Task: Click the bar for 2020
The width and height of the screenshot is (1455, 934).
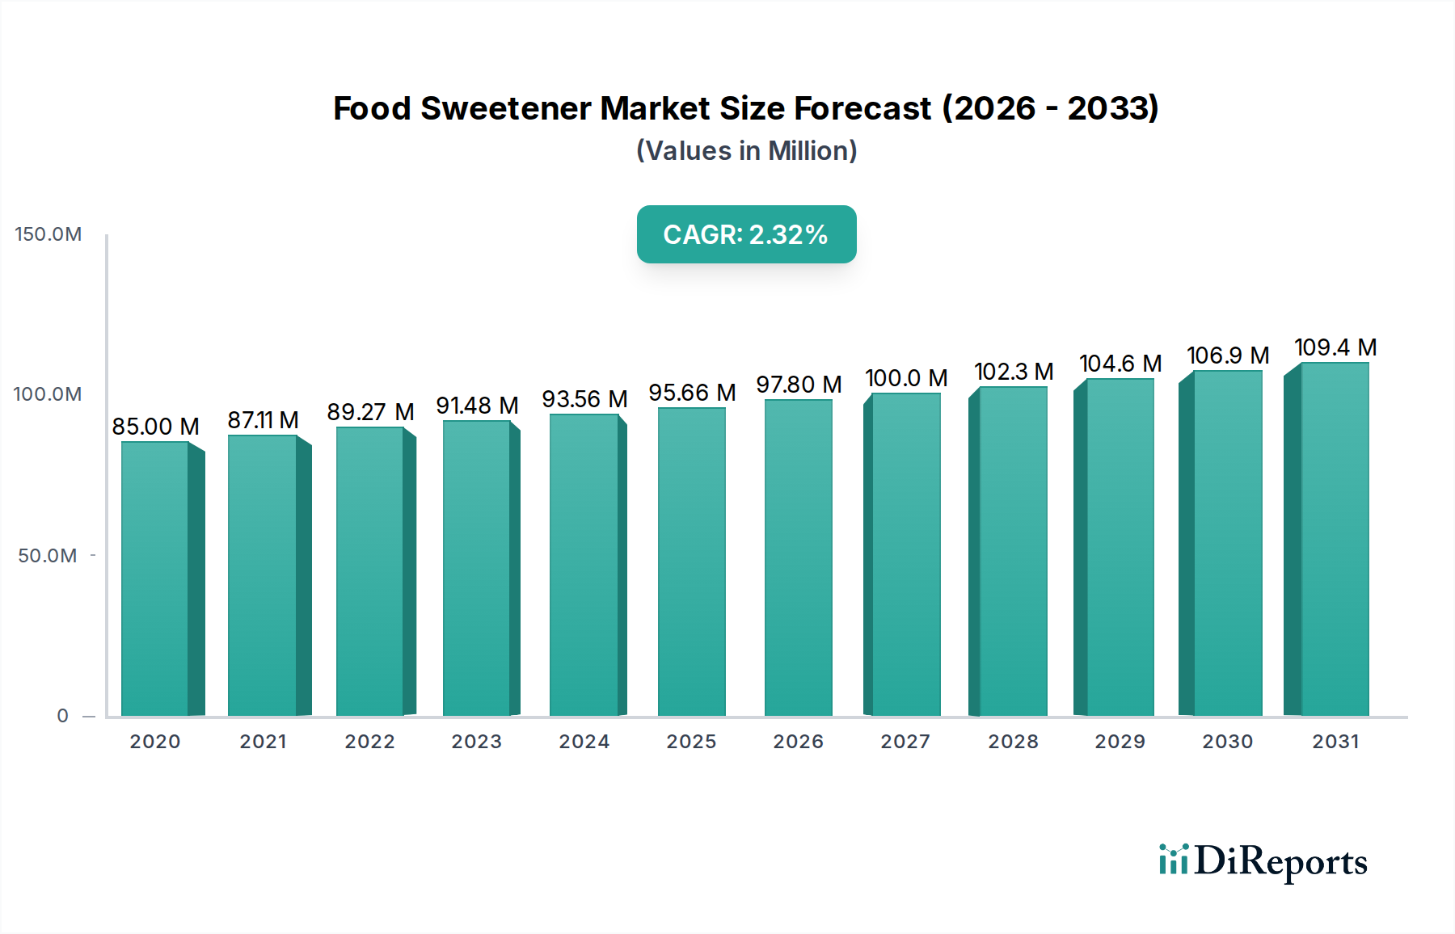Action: coord(155,578)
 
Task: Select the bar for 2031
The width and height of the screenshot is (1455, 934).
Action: coord(1335,539)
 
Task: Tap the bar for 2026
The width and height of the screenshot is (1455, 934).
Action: coord(798,557)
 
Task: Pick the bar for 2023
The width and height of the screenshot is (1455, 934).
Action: coord(477,568)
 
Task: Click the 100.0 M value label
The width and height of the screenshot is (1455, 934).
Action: coord(906,378)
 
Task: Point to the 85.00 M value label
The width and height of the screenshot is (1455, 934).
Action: coord(155,427)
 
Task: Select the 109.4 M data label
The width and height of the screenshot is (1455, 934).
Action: coord(1335,347)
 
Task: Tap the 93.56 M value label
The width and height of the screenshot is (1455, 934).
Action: coord(584,399)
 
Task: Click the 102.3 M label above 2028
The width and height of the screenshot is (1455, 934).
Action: coord(1014,372)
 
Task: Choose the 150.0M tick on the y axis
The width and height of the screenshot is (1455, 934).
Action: coord(48,234)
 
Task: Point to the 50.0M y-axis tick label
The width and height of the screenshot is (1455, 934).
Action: coord(48,556)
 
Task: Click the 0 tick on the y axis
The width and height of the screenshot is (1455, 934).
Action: coord(63,716)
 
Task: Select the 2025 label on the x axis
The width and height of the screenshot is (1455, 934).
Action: coord(691,742)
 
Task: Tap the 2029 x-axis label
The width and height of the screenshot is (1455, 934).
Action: coord(1120,742)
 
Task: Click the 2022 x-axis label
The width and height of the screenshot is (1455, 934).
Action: coord(369,742)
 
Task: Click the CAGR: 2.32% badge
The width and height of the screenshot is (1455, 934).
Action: coord(746,234)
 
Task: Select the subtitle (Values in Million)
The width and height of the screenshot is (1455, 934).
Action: coord(746,151)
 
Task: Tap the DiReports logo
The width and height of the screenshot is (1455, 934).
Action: coord(1263,861)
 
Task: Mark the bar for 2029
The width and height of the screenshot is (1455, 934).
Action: coord(1120,547)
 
